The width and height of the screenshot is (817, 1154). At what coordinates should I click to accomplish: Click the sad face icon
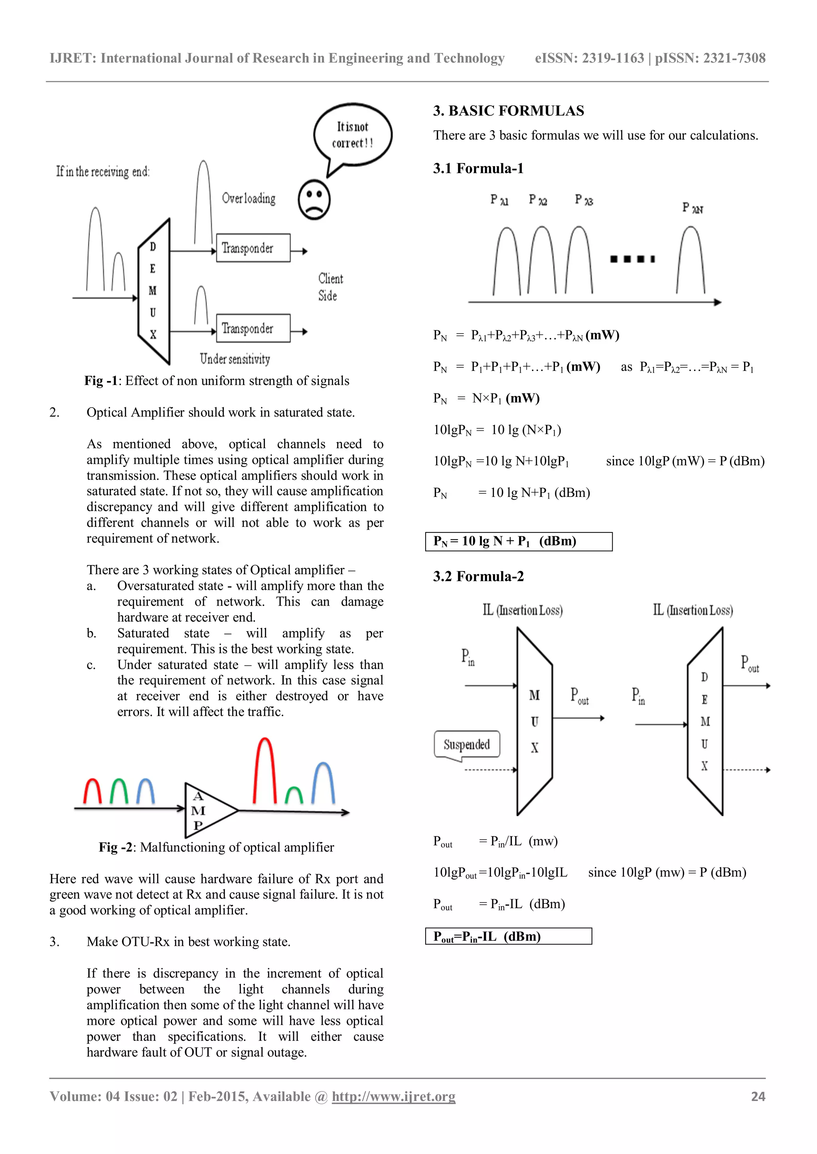(314, 200)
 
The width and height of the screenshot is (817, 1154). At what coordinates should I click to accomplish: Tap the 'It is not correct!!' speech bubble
(352, 135)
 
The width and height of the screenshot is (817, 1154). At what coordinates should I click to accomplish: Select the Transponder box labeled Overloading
(253, 248)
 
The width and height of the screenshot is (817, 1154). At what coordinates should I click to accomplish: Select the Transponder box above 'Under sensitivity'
(253, 328)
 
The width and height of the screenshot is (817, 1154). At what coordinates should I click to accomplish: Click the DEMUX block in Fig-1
(154, 291)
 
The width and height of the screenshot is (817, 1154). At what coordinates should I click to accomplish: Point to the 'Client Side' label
(330, 287)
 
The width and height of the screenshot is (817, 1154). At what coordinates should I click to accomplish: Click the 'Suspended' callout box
(466, 744)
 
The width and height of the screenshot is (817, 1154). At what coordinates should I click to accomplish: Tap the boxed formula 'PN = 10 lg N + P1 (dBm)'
(518, 541)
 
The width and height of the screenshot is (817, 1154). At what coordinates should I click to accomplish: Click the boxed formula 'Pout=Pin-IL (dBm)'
(508, 936)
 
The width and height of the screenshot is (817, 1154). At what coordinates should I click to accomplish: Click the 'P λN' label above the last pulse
(693, 208)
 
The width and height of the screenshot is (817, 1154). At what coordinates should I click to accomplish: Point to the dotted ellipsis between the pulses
(632, 259)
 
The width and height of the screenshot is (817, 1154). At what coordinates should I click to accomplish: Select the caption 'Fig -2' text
(116, 848)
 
